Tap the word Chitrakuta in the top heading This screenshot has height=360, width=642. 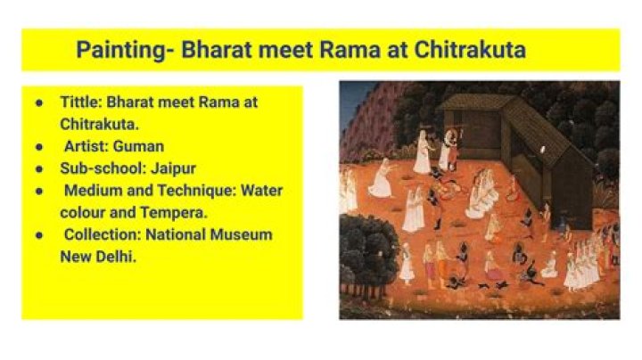point(470,50)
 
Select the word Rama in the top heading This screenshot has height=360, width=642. point(350,50)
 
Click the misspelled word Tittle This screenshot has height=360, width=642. point(81,102)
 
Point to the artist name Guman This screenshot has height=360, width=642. point(138,146)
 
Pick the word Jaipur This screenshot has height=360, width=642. point(173,168)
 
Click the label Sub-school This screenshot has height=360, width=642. point(103,168)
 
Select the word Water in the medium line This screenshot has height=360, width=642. point(261,191)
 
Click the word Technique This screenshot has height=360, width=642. point(196,191)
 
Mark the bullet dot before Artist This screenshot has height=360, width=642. point(39,146)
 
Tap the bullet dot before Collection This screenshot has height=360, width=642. point(39,235)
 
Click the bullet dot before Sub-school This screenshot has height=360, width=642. point(39,168)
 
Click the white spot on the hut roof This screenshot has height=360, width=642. point(543,150)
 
